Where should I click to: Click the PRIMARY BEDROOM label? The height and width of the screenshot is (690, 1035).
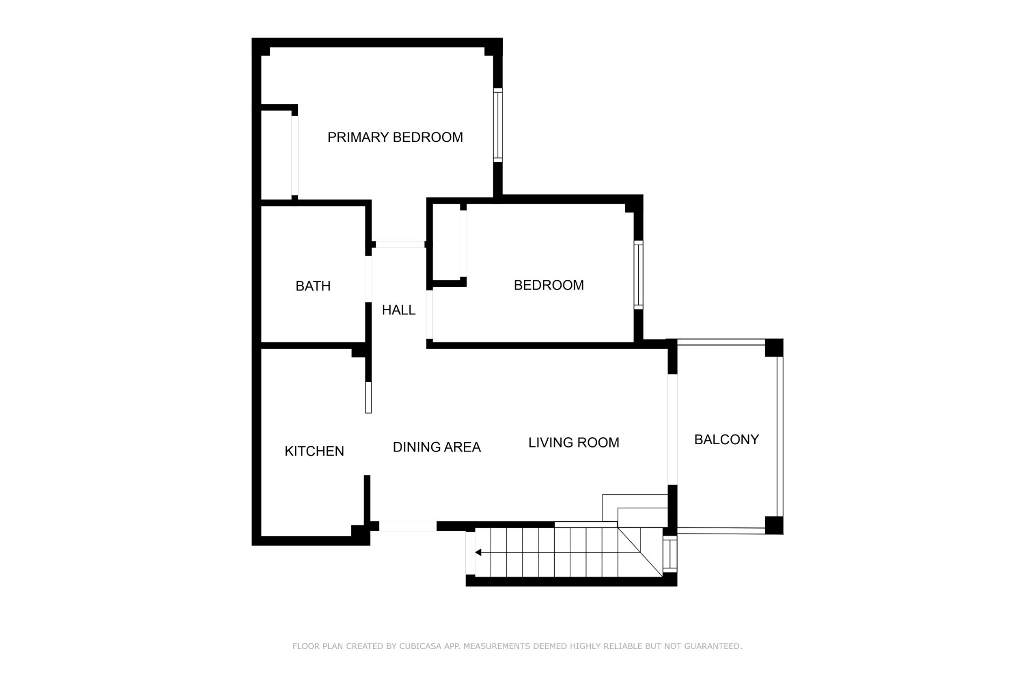click(395, 137)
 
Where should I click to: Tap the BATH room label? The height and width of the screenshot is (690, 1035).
click(313, 286)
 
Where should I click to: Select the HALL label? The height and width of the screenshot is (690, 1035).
click(399, 310)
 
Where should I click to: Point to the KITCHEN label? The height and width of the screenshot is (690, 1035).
click(314, 451)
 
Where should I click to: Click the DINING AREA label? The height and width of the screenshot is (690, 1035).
click(437, 447)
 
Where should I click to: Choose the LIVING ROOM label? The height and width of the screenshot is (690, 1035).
click(574, 443)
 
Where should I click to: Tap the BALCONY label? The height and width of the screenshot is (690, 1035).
click(727, 439)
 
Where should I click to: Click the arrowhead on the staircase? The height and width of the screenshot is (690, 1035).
click(478, 553)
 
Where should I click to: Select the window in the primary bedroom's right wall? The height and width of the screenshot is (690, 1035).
click(498, 125)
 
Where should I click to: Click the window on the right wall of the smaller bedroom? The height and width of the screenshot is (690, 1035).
click(638, 275)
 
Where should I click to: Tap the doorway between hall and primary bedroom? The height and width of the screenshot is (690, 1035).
click(400, 245)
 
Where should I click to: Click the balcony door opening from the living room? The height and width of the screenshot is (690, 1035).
click(672, 429)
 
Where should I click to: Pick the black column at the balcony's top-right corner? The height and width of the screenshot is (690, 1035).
click(774, 348)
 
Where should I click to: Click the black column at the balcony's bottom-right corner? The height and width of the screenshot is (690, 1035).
click(774, 525)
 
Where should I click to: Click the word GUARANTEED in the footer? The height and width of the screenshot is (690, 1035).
click(713, 646)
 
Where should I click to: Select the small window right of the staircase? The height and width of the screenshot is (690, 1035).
click(670, 554)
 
